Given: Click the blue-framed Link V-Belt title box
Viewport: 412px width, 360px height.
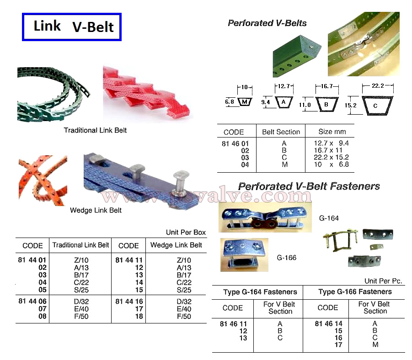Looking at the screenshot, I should [x=72, y=27].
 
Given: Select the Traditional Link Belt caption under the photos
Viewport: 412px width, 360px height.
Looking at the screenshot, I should [x=95, y=131].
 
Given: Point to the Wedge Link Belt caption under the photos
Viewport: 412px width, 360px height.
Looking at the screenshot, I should [x=96, y=211].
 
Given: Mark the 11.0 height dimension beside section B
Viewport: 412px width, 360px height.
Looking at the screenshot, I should [x=305, y=105].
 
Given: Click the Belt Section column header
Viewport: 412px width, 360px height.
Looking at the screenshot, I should [x=281, y=132].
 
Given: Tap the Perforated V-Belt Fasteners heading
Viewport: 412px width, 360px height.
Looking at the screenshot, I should [x=309, y=186].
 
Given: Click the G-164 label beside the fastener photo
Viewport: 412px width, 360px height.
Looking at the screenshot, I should [x=329, y=218].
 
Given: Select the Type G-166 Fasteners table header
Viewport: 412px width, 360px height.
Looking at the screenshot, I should [x=355, y=292].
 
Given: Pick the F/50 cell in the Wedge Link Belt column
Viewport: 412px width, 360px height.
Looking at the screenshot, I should [x=184, y=316].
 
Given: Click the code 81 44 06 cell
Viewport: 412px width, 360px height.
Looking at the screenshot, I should [x=34, y=302].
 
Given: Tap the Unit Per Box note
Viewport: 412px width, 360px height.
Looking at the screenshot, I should [x=186, y=233].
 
